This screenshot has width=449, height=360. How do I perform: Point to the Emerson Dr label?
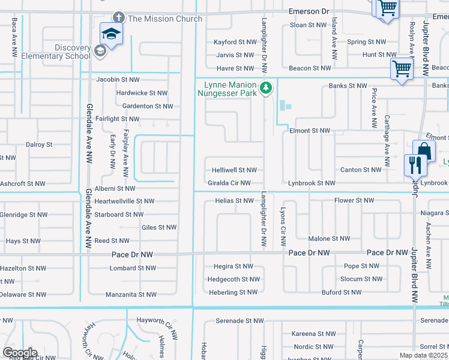[x=309, y=11]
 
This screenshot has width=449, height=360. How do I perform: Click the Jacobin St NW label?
[x=118, y=79]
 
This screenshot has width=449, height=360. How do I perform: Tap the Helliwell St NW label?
[x=234, y=170]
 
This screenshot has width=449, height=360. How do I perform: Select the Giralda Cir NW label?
[x=229, y=183]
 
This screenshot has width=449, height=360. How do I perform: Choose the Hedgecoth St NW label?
[x=234, y=279]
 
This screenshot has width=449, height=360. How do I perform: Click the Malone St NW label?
[x=329, y=238]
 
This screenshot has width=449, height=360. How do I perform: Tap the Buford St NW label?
[x=342, y=292]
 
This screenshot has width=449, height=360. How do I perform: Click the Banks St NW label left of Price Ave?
[x=348, y=86]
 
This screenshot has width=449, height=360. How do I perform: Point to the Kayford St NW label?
[x=235, y=42]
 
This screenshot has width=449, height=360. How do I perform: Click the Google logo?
[x=20, y=353]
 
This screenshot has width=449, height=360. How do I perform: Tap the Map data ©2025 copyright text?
[x=423, y=355]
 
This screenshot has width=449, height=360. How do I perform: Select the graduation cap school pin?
[x=111, y=33]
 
